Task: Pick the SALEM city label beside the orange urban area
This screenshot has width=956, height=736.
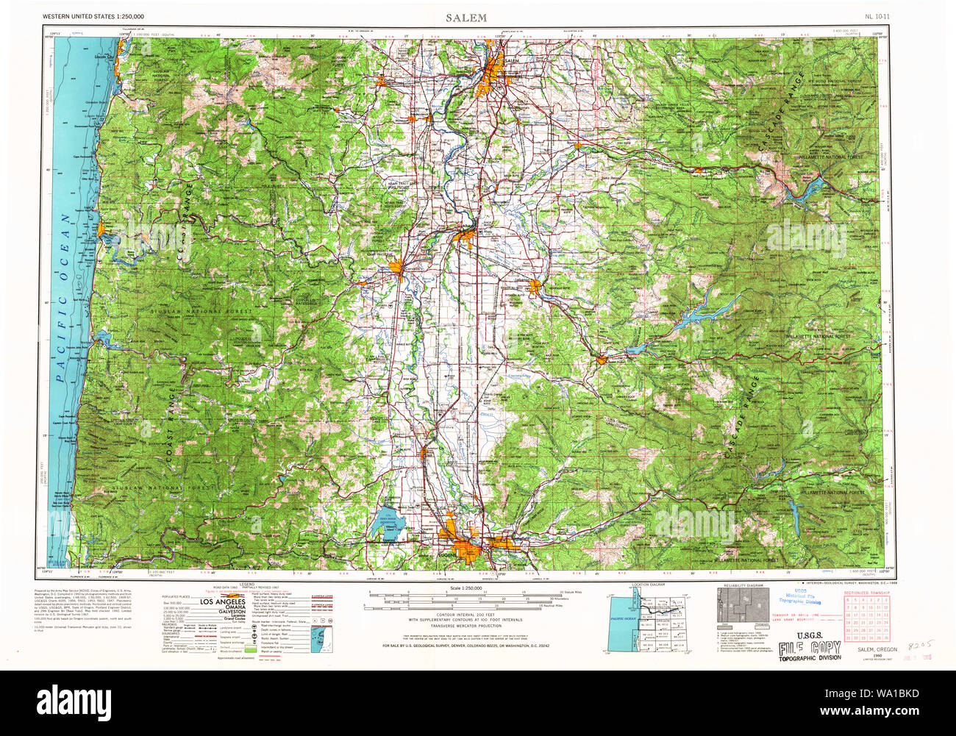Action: click(x=512, y=60)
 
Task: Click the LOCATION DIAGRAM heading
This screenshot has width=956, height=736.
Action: click(x=647, y=585)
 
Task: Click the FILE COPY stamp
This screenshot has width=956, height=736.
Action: click(x=810, y=648)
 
